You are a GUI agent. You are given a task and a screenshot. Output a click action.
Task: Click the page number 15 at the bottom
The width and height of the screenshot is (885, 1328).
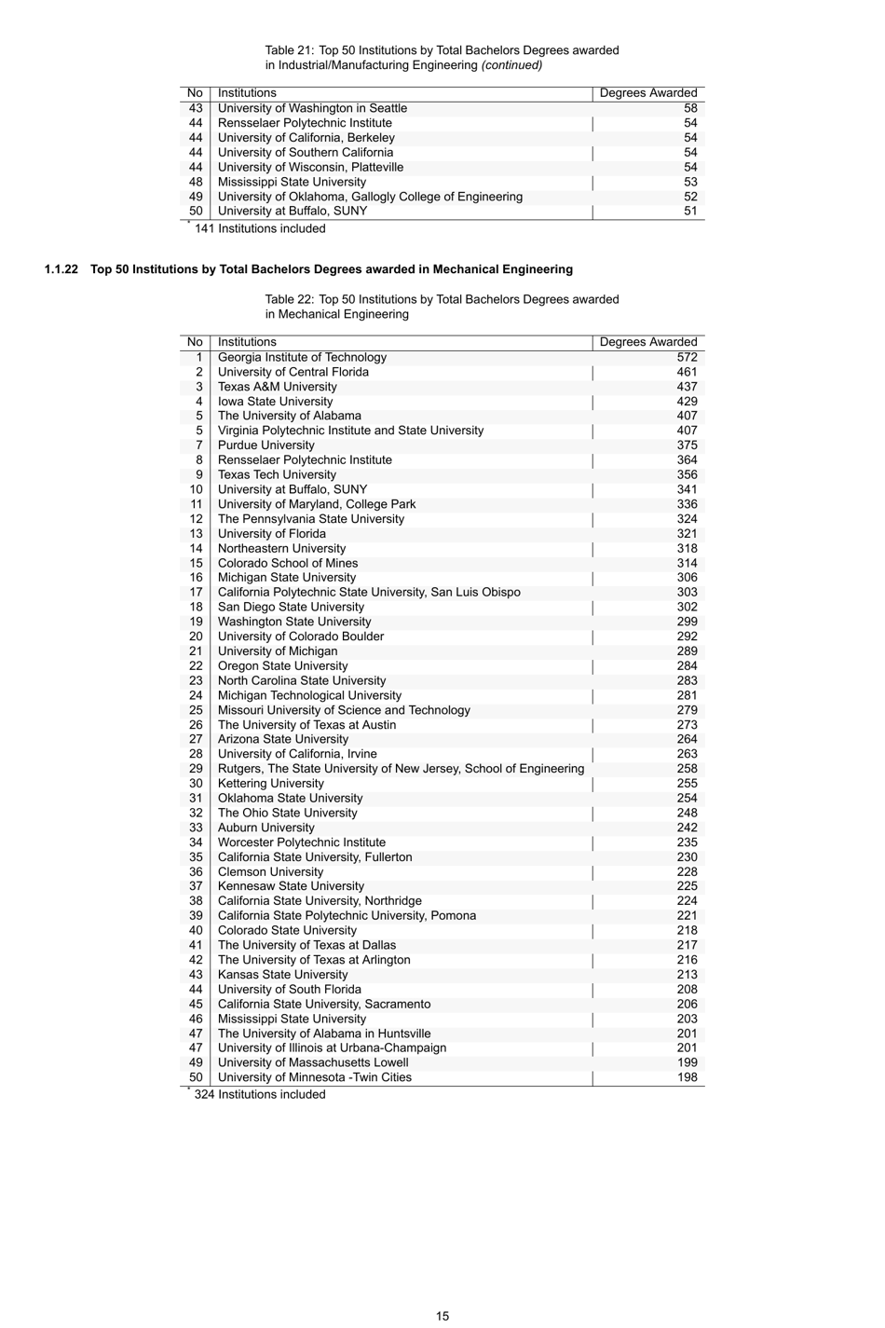442,1316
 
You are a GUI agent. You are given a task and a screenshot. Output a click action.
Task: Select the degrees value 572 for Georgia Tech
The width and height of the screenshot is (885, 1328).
687,357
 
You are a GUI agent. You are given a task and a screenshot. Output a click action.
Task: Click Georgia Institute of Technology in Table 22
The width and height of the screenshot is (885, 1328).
302,357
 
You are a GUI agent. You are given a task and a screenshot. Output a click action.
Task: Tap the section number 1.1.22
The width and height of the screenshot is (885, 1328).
61,269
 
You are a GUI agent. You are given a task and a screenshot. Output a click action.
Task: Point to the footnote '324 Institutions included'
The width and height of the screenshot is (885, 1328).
259,1094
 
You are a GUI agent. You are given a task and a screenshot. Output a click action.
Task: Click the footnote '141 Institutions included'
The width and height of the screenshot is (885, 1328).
259,228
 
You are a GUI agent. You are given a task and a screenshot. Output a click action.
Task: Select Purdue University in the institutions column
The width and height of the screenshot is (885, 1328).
266,445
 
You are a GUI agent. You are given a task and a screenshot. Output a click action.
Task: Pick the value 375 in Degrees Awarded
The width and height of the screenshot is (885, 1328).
687,445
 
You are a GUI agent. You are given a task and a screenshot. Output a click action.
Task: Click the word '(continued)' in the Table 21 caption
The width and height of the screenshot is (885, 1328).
511,65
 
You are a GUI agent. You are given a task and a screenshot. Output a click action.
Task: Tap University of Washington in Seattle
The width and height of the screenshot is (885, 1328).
312,108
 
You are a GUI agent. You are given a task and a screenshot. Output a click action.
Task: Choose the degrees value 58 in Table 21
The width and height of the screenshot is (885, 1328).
690,108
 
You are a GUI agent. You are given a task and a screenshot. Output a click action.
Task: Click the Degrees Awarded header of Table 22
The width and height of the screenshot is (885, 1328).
648,342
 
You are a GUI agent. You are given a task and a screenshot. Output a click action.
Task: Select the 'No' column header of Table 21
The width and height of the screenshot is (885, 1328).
195,93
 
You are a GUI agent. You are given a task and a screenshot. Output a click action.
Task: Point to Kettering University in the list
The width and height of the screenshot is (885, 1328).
271,784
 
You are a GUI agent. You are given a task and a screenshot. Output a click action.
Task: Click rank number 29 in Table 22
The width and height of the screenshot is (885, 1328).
196,769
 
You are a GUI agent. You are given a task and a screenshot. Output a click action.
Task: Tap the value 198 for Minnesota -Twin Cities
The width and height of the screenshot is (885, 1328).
687,1077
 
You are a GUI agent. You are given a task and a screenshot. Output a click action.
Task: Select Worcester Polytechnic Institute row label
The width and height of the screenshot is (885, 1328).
302,842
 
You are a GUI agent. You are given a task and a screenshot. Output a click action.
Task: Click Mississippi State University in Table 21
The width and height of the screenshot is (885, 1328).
292,182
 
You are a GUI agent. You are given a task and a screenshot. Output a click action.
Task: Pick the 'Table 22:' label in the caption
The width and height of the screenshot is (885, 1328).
289,299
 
